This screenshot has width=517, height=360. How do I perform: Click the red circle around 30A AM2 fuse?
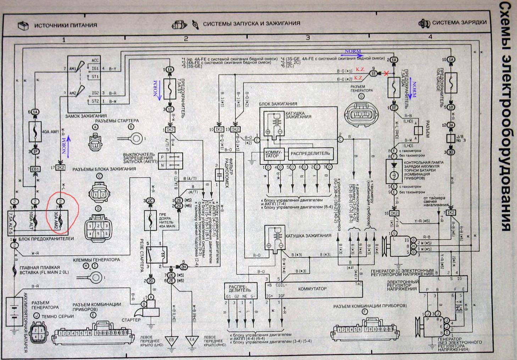62,214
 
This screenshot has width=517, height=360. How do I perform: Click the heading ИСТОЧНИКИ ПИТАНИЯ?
65,25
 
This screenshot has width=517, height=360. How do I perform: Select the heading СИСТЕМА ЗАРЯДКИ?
459,23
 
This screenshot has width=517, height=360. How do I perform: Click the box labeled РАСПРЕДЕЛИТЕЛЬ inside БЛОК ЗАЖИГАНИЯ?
310,153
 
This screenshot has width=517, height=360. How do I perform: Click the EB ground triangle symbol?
172,341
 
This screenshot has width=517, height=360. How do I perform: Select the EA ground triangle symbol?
193,341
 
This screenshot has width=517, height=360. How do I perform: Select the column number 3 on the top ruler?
308,38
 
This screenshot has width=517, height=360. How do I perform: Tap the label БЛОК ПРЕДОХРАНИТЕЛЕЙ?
51,239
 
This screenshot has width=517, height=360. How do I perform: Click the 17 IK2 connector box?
61,168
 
